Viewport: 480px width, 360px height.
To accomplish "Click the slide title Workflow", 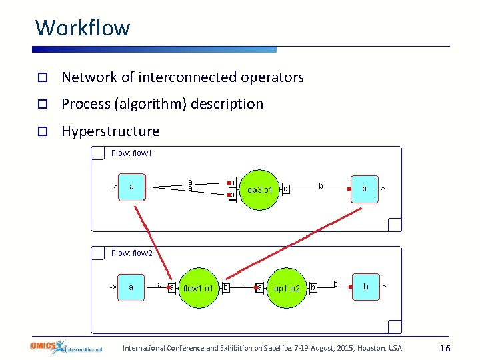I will (83, 28).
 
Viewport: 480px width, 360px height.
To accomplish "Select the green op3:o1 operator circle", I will (259, 190).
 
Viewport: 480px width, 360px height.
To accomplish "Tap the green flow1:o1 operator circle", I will (198, 288).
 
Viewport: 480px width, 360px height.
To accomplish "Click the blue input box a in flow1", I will (131, 187).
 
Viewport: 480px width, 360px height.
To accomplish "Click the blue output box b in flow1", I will (364, 189).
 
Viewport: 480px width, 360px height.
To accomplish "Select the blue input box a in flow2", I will (131, 287).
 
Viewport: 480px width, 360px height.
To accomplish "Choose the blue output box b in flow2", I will (365, 287).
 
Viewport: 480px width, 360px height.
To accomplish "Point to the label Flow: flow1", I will (131, 153).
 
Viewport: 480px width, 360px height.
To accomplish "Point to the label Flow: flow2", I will (131, 253).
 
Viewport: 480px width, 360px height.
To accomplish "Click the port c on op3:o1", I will (285, 190).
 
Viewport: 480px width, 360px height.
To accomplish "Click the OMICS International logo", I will (65, 347).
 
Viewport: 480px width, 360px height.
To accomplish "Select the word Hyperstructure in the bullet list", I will (110, 131).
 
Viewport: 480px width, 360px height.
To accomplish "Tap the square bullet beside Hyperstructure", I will (41, 131).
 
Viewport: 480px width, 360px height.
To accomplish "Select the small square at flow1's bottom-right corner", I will (395, 225).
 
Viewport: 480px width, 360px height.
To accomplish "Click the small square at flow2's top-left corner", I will (98, 253).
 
